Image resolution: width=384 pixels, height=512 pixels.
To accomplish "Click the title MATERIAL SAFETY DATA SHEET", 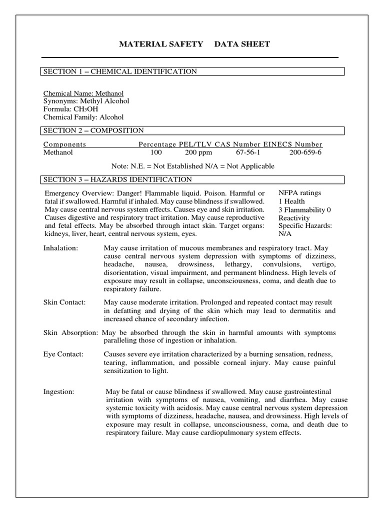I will (194, 44).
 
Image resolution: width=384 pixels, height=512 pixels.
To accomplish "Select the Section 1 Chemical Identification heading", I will (120, 71).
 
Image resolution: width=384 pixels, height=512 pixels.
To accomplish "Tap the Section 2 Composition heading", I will (93, 130).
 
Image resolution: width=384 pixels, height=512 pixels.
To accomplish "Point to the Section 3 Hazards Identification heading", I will (117, 179).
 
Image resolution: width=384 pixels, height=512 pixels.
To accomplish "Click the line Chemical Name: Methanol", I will (83, 93).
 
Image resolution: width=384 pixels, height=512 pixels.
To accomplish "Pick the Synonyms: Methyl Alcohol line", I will (86, 101).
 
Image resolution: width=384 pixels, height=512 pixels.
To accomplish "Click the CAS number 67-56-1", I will (248, 152).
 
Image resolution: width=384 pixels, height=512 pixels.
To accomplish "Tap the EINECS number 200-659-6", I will (305, 152).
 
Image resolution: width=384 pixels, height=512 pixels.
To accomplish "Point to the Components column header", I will (65, 144).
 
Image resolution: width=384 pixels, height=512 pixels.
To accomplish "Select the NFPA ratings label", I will (299, 193).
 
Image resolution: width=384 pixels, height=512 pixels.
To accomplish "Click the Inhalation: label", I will (61, 248).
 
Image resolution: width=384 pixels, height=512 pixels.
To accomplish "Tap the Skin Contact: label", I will (64, 302).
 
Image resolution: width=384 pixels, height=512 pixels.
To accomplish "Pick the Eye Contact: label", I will (63, 354).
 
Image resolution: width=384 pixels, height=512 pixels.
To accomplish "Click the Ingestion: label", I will (59, 391).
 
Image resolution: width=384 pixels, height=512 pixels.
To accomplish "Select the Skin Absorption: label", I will (72, 332).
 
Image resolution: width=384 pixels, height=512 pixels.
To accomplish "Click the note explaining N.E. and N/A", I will (193, 166).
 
